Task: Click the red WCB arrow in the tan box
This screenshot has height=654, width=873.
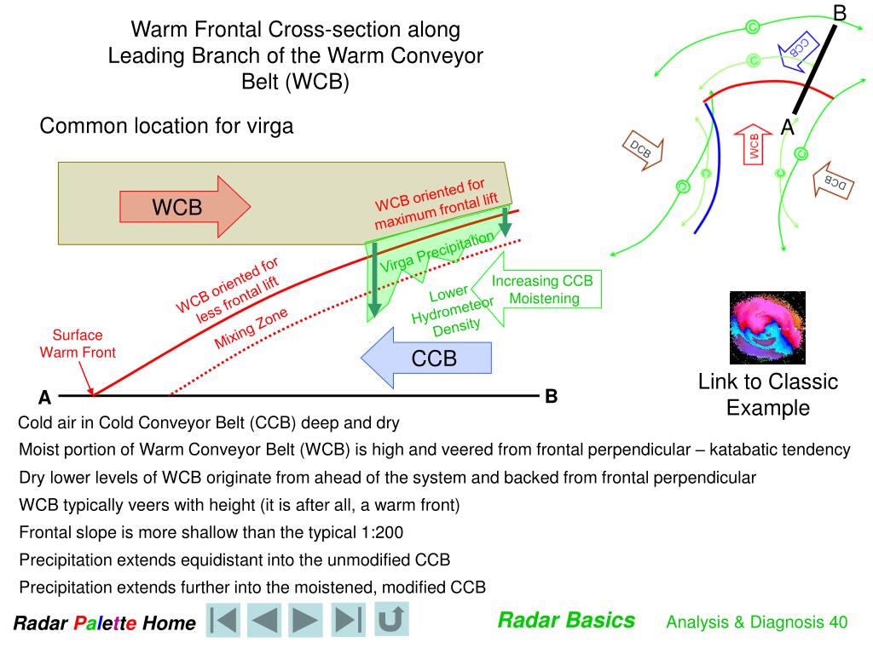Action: coord(184,206)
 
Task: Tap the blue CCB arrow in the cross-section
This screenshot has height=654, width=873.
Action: coord(427,359)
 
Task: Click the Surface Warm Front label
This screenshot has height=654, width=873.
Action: coord(77,343)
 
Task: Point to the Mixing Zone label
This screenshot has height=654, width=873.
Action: coord(251,329)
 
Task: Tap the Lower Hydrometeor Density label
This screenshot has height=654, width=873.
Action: coord(451,309)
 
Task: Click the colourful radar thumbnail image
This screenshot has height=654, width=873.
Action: coord(766,327)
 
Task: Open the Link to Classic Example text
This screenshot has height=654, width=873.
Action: coord(767,394)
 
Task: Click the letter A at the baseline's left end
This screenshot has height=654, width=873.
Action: coord(44,398)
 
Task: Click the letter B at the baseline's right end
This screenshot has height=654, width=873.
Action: coord(551,396)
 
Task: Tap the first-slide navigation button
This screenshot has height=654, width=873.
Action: coord(224,620)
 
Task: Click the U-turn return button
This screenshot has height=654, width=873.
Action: coord(390,619)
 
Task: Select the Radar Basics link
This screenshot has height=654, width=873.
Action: coord(566,620)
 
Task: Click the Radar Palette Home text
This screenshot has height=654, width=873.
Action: coord(104,623)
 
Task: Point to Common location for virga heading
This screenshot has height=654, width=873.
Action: coord(166,126)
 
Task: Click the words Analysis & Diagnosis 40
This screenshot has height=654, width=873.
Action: coord(756,622)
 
